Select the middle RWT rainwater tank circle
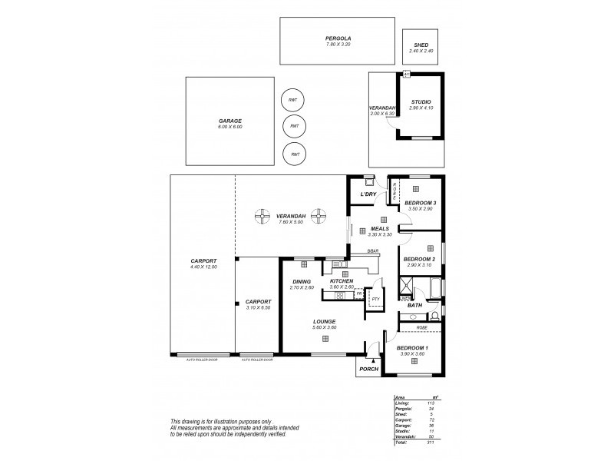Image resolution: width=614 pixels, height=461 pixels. [293, 126]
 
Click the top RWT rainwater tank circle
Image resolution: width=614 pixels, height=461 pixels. [293, 100]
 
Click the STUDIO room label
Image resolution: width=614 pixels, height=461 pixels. [420, 102]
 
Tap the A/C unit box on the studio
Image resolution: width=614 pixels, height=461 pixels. [407, 74]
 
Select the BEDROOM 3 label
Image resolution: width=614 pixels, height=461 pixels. [419, 203]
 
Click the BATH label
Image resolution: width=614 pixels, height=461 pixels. [414, 305]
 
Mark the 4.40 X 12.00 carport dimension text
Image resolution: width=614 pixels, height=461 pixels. [203, 267]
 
